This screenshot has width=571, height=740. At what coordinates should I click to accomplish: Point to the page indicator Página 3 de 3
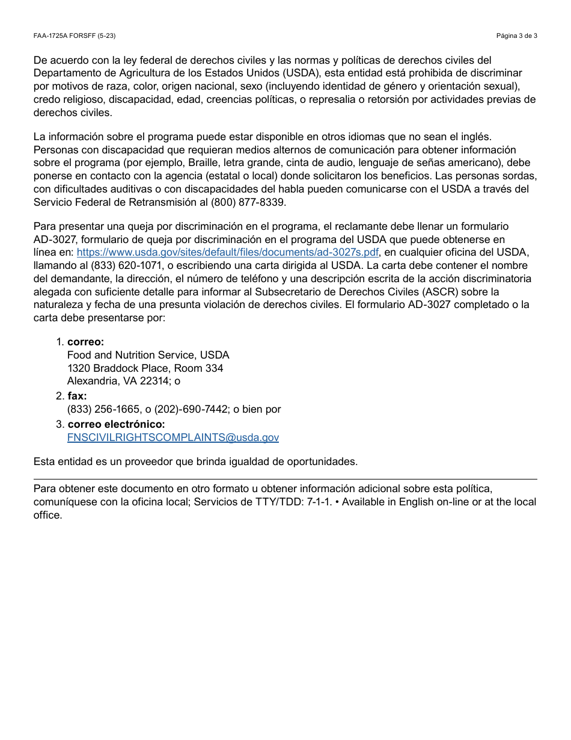[x=516, y=35]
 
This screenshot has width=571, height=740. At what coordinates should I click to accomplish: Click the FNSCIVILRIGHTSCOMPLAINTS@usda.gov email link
[x=173, y=437]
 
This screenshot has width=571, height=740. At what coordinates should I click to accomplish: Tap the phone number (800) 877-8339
[x=249, y=202]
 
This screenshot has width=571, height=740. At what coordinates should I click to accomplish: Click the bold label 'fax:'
[x=77, y=396]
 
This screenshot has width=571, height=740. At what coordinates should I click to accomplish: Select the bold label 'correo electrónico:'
[x=116, y=424]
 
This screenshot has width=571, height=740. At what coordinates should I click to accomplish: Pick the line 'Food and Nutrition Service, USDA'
[x=148, y=355]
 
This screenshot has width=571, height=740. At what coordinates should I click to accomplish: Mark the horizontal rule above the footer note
[x=285, y=479]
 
